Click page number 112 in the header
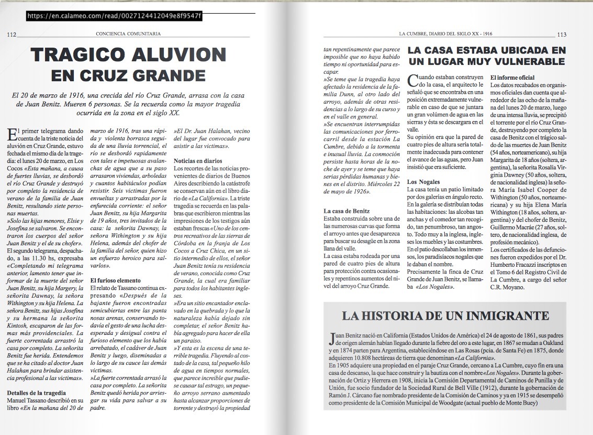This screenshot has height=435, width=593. [12, 35]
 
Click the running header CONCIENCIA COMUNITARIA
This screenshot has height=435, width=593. [128, 34]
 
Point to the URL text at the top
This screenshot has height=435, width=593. [114, 16]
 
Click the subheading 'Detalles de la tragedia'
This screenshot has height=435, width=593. [36, 393]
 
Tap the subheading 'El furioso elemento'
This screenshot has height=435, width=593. [116, 280]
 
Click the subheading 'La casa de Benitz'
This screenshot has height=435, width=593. [347, 211]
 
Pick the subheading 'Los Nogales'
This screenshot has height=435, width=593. [423, 181]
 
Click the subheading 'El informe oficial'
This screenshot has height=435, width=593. [512, 78]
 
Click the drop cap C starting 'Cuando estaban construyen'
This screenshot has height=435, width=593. [412, 80]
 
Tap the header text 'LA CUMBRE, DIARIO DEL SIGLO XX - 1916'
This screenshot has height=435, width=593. [445, 34]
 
